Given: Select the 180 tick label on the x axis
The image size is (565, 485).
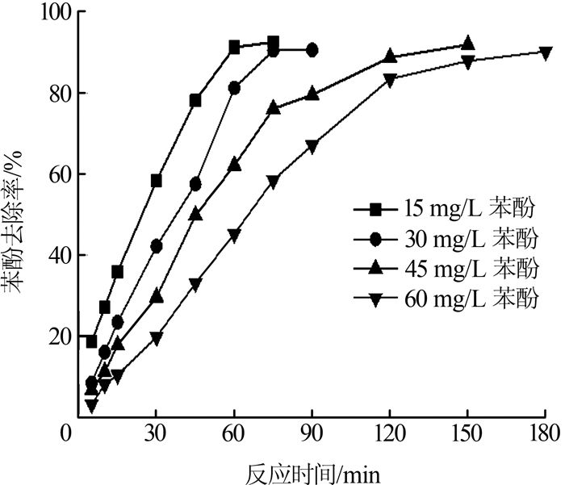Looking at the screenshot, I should [x=545, y=434].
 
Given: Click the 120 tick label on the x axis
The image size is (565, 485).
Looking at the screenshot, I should [x=390, y=434].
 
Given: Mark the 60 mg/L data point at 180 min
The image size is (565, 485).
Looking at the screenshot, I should [x=546, y=53].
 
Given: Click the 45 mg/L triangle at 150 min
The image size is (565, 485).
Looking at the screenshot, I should [x=468, y=44].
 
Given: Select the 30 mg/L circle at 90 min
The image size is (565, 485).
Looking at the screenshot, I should [x=312, y=50].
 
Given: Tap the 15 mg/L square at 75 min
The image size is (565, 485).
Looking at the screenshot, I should [x=274, y=42].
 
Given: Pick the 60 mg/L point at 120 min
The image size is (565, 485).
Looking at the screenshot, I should [x=390, y=80].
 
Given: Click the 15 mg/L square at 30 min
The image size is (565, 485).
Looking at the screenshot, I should [x=157, y=180].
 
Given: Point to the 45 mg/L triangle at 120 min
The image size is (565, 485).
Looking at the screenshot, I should [x=390, y=56].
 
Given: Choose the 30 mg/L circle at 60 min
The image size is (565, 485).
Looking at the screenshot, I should [x=234, y=88].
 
